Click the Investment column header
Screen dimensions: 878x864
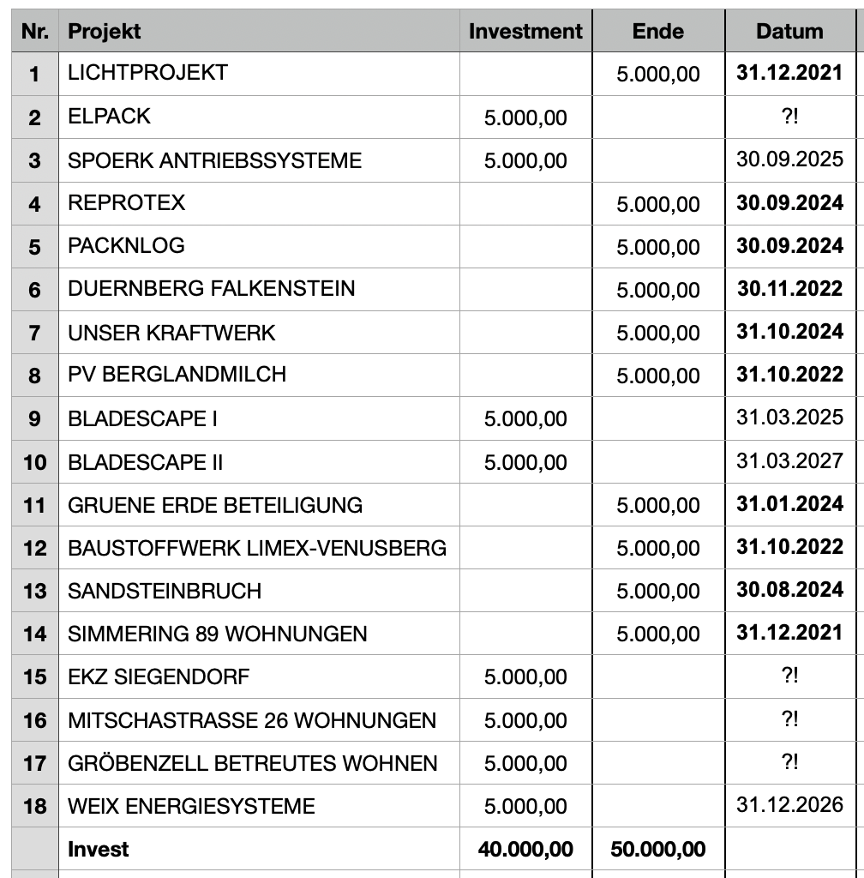point(525,32)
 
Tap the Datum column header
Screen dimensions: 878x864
point(789,32)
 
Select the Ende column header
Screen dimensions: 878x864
point(657,32)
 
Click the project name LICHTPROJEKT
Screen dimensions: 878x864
point(147,73)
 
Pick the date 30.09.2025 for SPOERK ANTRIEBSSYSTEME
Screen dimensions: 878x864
point(789,159)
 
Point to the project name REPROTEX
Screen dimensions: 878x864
point(126,203)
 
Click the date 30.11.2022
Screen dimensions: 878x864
point(789,289)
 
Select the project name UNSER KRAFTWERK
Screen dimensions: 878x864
point(171,332)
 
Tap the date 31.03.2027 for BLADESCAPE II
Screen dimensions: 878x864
point(789,461)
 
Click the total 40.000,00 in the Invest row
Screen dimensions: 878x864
point(525,849)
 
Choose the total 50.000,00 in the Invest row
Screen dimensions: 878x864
point(657,849)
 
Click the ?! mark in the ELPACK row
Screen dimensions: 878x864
point(789,117)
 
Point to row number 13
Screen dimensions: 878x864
point(34,591)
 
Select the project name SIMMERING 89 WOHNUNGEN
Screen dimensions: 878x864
point(217,634)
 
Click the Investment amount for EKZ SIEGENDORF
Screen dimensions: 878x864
point(525,677)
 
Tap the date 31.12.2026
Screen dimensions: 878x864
point(789,805)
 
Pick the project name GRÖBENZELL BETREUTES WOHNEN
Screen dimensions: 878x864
point(252,763)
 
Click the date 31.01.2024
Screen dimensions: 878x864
point(789,504)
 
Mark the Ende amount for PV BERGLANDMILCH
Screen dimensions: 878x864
point(657,376)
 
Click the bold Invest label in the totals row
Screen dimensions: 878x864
point(99,849)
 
